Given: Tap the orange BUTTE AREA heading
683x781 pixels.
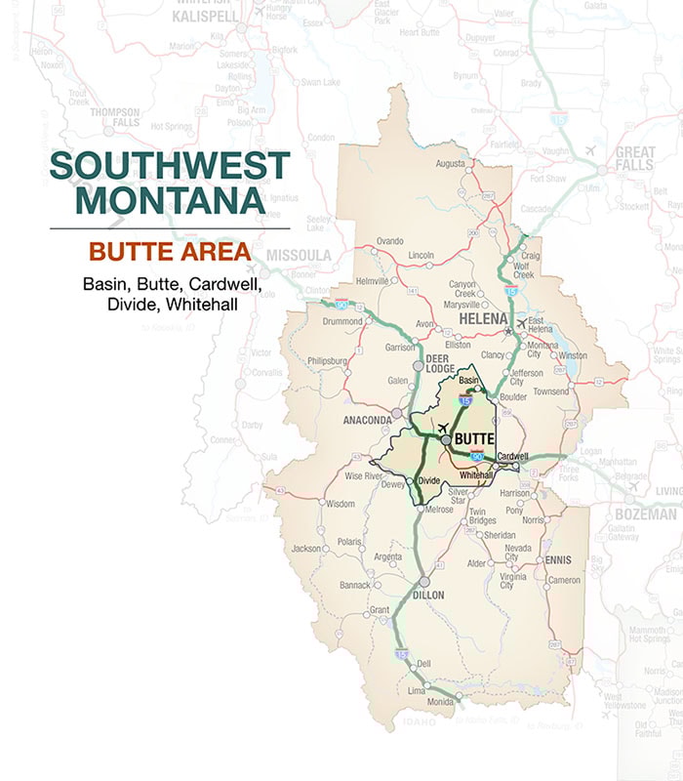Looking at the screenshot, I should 170,252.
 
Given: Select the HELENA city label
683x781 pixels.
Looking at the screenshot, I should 484,319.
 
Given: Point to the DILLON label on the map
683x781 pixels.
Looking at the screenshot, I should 427,595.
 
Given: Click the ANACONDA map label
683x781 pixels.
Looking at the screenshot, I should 367,420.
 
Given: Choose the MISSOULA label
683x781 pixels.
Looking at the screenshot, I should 299,256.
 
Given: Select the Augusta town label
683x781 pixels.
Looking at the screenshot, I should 450,163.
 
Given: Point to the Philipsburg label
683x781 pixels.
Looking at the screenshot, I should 327,360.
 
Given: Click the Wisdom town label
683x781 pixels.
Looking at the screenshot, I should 340,504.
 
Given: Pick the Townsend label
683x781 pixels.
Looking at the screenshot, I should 550,391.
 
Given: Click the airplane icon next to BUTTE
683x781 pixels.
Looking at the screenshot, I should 443,429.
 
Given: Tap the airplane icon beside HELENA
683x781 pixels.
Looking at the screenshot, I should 521,323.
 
